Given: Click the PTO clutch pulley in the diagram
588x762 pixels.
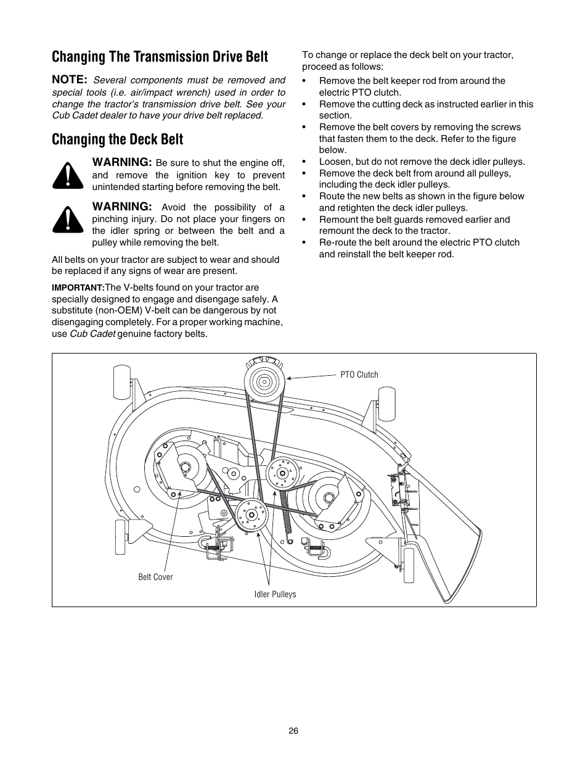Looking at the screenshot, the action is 265,381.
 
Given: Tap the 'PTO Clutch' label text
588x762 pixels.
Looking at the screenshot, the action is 359,375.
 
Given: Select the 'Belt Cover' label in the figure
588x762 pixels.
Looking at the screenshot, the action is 155,577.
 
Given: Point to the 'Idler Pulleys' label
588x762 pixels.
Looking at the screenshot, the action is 276,594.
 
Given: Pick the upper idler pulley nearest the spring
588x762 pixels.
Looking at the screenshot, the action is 282,473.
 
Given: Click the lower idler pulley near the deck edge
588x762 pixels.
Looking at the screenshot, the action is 251,515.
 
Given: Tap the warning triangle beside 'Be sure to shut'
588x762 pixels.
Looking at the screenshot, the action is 68,176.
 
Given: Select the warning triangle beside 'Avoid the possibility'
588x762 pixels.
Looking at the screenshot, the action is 68,220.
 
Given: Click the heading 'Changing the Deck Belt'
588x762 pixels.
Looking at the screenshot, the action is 117,139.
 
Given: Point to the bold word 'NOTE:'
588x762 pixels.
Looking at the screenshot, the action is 70,80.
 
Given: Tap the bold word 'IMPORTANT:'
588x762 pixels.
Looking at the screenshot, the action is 78,288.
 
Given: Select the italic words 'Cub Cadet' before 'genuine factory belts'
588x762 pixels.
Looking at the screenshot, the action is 92,334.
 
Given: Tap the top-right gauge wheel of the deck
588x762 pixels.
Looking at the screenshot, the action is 387,404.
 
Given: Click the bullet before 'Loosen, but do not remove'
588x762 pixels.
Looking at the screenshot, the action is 304,162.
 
